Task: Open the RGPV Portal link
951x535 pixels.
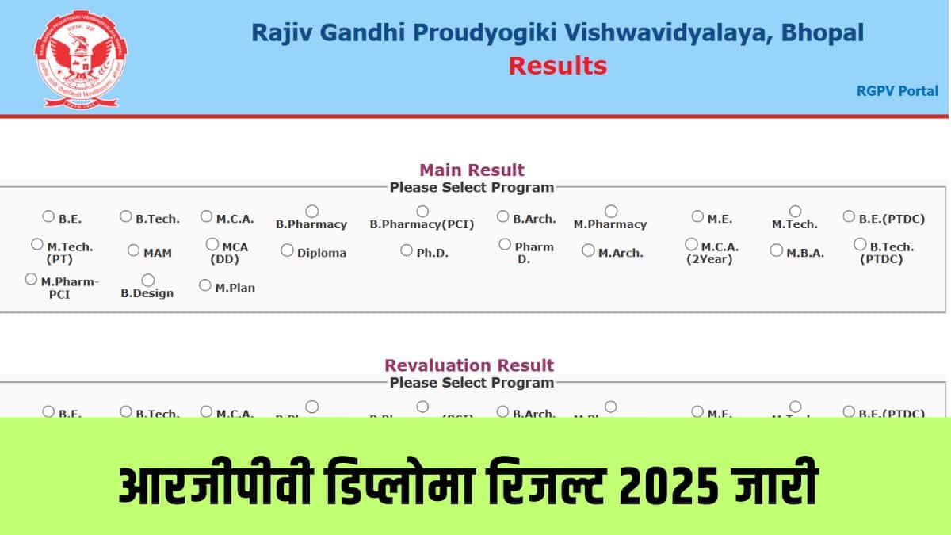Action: point(896,90)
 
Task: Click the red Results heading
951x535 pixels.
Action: point(557,65)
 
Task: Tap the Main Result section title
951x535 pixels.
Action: point(472,170)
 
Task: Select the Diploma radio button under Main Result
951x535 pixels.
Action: point(287,250)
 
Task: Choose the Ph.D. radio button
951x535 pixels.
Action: point(407,250)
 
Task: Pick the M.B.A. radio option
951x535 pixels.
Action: point(776,250)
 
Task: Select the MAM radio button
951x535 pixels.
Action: point(134,250)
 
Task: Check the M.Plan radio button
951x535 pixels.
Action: point(205,285)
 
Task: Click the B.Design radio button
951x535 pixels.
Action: point(147,280)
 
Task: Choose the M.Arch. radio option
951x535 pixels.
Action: point(588,250)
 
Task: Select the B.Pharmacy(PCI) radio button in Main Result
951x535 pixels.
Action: point(422,211)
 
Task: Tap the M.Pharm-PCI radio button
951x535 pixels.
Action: point(31,279)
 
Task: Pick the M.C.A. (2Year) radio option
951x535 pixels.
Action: point(692,244)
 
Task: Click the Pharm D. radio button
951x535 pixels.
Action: point(505,244)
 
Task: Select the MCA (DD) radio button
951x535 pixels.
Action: point(212,244)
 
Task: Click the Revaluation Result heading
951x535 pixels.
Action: point(469,365)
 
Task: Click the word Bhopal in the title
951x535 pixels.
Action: point(823,32)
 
